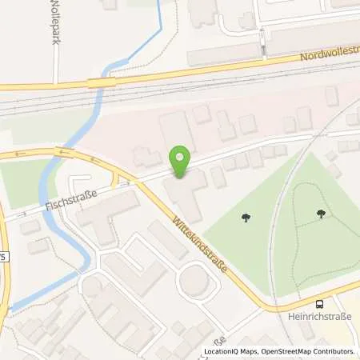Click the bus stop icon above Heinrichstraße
click(x=321, y=304)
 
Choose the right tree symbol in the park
click(x=320, y=213)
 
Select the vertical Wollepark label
click(x=55, y=24)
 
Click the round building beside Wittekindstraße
click(x=195, y=281)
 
